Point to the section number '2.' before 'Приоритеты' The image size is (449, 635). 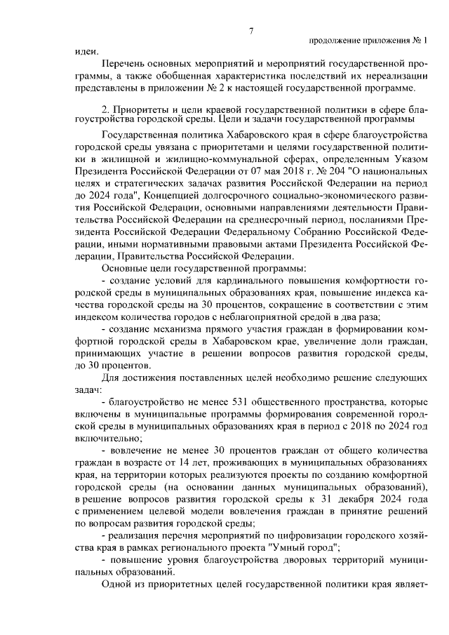pos(106,109)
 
